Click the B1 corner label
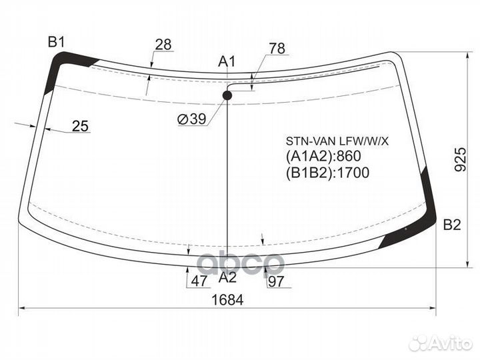(57, 41)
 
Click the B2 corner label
(452, 225)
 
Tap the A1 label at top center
(227, 61)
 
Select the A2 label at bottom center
(228, 277)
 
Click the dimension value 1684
(228, 300)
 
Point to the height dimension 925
(460, 159)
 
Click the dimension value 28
(163, 45)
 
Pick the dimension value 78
(277, 49)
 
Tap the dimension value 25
(80, 126)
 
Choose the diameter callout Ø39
(192, 119)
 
